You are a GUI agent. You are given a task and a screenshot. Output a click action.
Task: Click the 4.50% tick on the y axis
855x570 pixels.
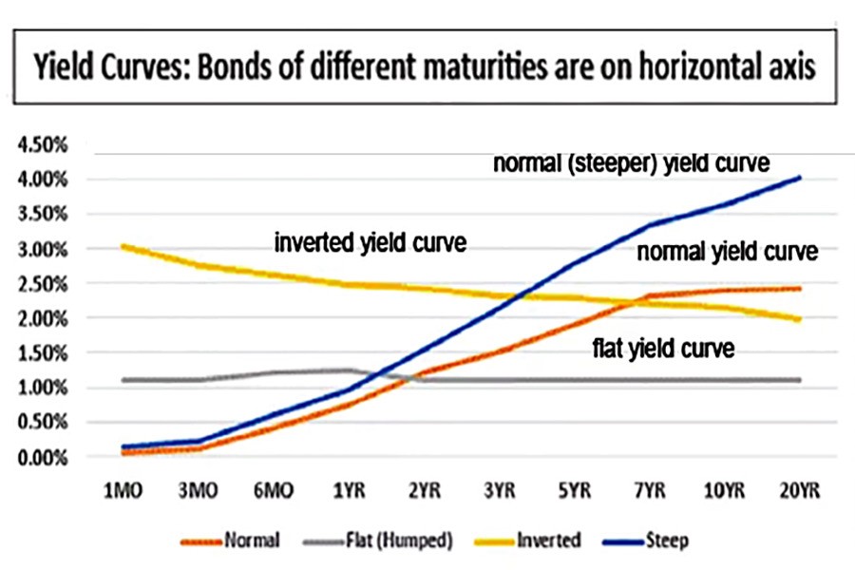click(x=41, y=145)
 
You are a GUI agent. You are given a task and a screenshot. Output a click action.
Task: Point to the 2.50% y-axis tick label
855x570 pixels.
click(x=41, y=284)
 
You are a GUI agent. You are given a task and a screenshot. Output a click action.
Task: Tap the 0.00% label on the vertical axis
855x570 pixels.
click(x=41, y=458)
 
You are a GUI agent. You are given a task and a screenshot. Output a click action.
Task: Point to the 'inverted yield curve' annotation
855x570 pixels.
click(x=370, y=242)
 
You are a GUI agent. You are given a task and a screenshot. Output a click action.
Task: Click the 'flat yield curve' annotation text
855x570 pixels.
click(x=662, y=349)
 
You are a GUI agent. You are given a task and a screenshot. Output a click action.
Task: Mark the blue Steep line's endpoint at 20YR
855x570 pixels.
click(x=799, y=178)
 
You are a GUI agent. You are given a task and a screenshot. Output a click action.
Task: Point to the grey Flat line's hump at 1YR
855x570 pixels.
click(x=350, y=370)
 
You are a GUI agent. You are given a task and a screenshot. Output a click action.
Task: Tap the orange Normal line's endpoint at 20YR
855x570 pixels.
click(x=799, y=289)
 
